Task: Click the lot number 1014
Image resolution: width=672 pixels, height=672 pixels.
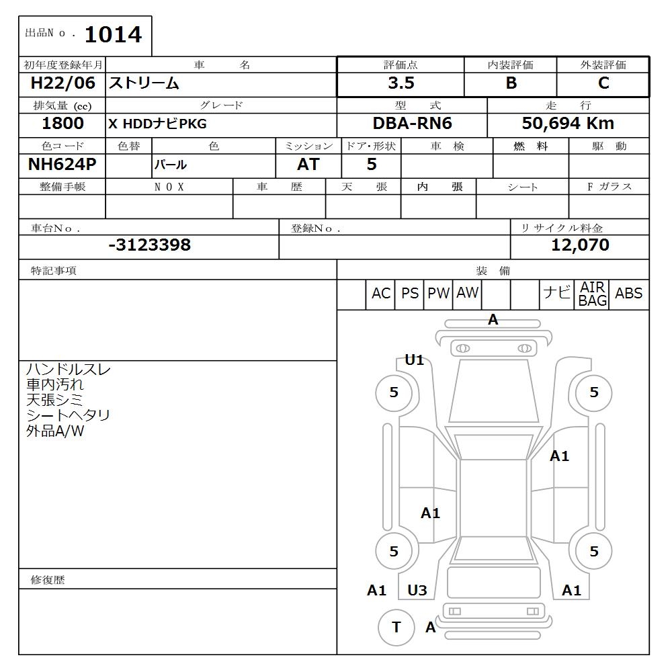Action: click(x=113, y=35)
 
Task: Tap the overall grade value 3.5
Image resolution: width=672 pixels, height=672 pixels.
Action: click(x=401, y=83)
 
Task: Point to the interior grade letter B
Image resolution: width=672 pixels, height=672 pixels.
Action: click(x=511, y=83)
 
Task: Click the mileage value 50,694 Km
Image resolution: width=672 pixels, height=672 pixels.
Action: click(x=568, y=124)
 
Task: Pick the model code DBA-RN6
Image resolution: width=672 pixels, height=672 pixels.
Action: click(x=412, y=124)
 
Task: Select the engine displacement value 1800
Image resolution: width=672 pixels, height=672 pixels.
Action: click(x=62, y=124)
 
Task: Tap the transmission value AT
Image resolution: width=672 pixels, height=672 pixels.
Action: click(x=308, y=165)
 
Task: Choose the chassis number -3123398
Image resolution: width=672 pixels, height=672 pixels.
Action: click(x=149, y=245)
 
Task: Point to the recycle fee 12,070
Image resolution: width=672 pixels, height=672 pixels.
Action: click(x=580, y=245)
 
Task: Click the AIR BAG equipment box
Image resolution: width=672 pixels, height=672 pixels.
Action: click(x=593, y=294)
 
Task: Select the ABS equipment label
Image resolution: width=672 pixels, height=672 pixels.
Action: click(x=628, y=294)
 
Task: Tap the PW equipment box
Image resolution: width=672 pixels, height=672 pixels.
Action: click(x=438, y=294)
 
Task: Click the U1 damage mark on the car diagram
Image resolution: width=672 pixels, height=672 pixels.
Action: click(x=414, y=360)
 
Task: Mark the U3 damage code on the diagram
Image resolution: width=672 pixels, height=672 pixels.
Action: click(x=417, y=591)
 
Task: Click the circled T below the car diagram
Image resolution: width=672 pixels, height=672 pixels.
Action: click(x=396, y=627)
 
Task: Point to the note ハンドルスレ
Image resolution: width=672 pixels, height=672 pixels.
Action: click(x=69, y=370)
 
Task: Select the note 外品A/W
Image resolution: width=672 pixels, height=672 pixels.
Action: click(x=55, y=431)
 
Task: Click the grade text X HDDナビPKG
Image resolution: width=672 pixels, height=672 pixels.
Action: click(x=157, y=124)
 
